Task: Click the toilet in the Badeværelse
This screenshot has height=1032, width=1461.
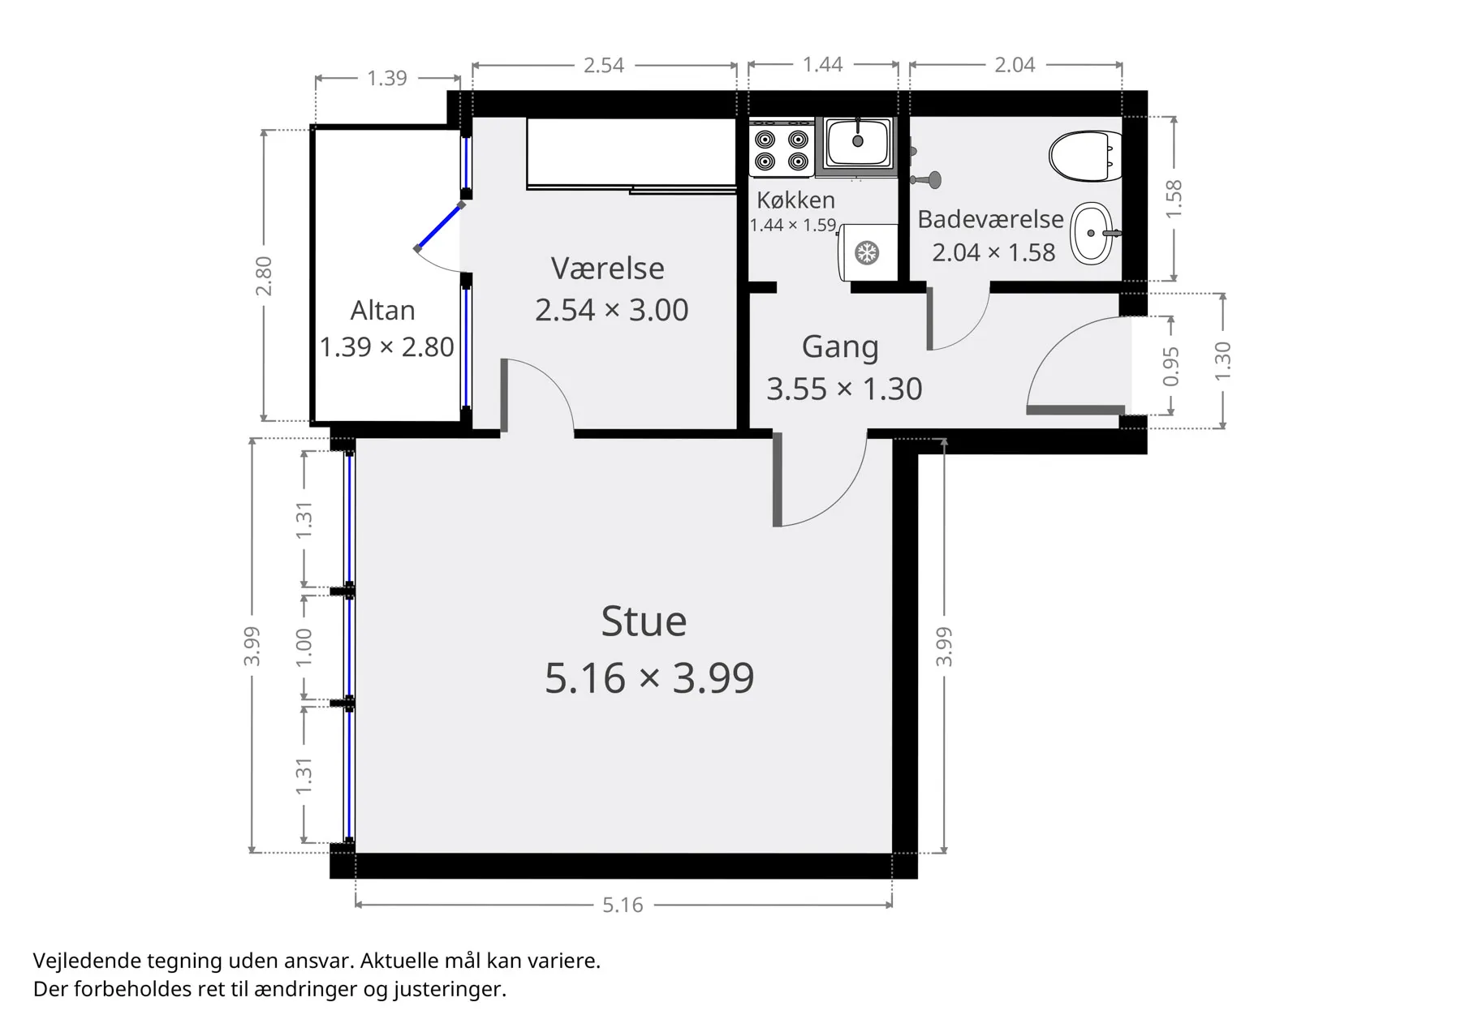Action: (1085, 157)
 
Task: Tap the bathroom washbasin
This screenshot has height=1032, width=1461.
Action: (1093, 233)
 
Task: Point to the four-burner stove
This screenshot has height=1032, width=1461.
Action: (781, 150)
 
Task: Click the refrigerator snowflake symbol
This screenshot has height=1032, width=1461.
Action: (868, 253)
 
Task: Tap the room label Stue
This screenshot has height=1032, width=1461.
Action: (644, 621)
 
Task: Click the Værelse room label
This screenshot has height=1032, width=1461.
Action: (607, 269)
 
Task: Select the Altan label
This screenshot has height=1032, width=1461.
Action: (382, 311)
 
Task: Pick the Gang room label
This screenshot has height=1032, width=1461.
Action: (840, 347)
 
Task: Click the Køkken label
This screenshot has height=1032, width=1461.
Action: (795, 200)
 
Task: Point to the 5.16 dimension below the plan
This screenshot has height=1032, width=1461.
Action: (623, 905)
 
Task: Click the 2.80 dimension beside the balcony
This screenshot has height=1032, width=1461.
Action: (264, 276)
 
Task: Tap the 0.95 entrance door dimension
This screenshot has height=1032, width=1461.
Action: (1170, 367)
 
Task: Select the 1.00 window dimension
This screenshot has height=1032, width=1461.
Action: (304, 647)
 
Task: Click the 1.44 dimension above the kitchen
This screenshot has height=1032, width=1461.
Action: (823, 64)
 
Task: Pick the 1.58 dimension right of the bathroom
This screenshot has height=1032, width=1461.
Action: (1174, 198)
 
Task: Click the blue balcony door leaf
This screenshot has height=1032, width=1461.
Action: (440, 226)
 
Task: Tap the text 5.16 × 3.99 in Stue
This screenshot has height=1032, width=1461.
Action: (649, 677)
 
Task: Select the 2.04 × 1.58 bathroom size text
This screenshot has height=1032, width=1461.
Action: (993, 252)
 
